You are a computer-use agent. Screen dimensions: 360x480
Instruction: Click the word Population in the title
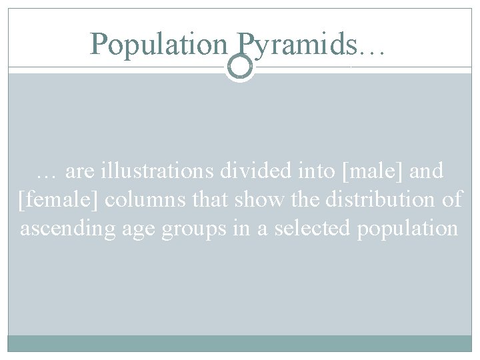click(159, 45)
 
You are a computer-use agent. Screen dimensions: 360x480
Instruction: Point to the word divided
click(255, 171)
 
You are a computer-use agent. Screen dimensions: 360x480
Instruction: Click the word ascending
click(69, 229)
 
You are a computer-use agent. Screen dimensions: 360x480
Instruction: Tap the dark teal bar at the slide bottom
click(240, 343)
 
